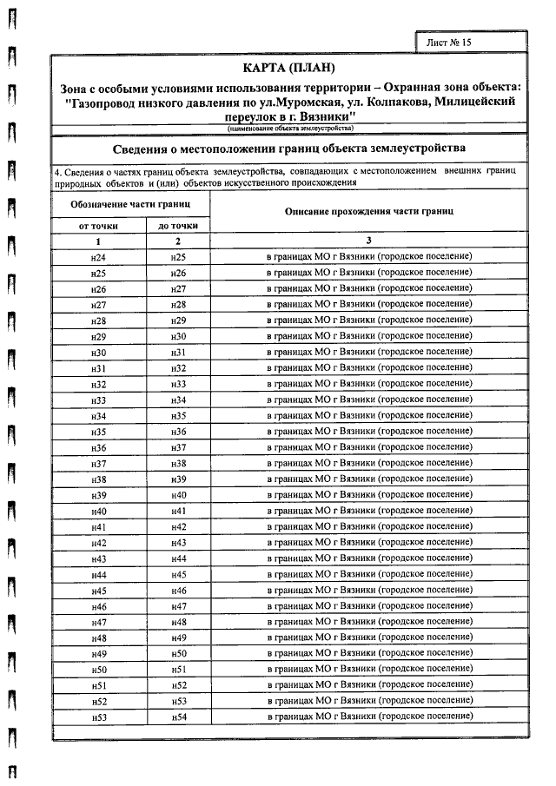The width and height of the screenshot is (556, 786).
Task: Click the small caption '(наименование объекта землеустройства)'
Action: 289,129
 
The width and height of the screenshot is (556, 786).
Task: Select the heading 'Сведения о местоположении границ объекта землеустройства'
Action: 289,148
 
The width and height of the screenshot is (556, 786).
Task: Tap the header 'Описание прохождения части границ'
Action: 368,212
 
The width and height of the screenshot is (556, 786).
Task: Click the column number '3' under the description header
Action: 368,241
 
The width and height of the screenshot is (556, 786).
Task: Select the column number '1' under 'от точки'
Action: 98,241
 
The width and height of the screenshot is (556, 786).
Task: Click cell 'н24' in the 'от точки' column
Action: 98,258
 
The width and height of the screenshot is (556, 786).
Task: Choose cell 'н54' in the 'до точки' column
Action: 179,717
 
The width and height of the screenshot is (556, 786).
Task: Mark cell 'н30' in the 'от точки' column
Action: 98,351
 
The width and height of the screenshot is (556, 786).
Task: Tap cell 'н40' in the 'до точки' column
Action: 179,494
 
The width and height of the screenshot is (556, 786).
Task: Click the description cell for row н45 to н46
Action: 368,589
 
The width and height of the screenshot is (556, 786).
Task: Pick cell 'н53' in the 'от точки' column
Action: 98,717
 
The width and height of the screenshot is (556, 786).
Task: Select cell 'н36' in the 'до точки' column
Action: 179,432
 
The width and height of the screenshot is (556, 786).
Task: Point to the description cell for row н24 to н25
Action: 368,257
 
